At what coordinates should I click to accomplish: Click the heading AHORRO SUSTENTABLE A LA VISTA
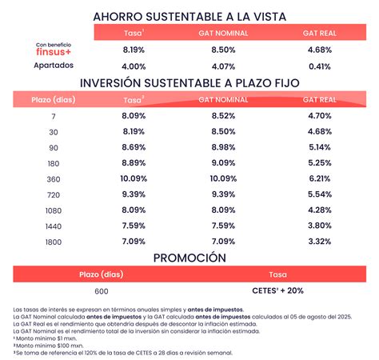pos(189,15)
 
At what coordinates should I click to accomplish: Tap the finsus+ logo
pos(54,52)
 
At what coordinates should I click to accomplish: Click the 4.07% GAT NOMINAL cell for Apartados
pos(223,66)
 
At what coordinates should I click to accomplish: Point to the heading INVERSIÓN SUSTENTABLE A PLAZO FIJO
pos(189,82)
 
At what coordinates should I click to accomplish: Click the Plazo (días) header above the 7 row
pos(53,100)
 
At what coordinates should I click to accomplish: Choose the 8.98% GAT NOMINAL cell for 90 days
pos(223,146)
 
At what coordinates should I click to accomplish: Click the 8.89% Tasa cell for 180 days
pos(134,162)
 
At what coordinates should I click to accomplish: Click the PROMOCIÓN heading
pos(189,257)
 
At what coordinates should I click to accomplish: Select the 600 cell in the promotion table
pos(101,290)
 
